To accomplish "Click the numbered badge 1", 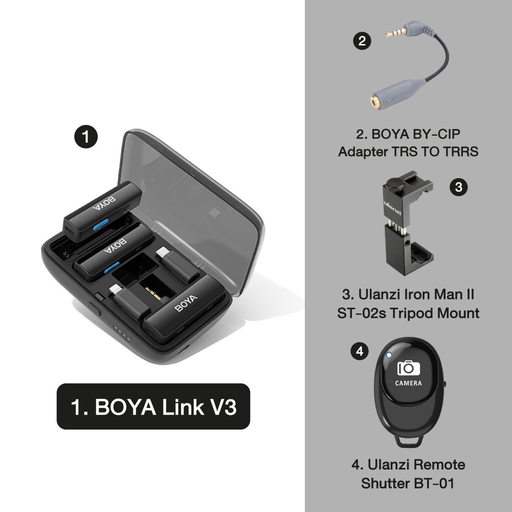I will (x=86, y=137).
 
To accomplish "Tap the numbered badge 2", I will (x=362, y=41).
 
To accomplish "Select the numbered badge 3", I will (x=458, y=187).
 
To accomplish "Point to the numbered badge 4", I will (x=360, y=351).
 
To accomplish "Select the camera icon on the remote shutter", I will (x=408, y=368).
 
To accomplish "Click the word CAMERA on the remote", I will (x=408, y=383).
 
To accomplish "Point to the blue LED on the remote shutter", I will (x=389, y=354).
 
